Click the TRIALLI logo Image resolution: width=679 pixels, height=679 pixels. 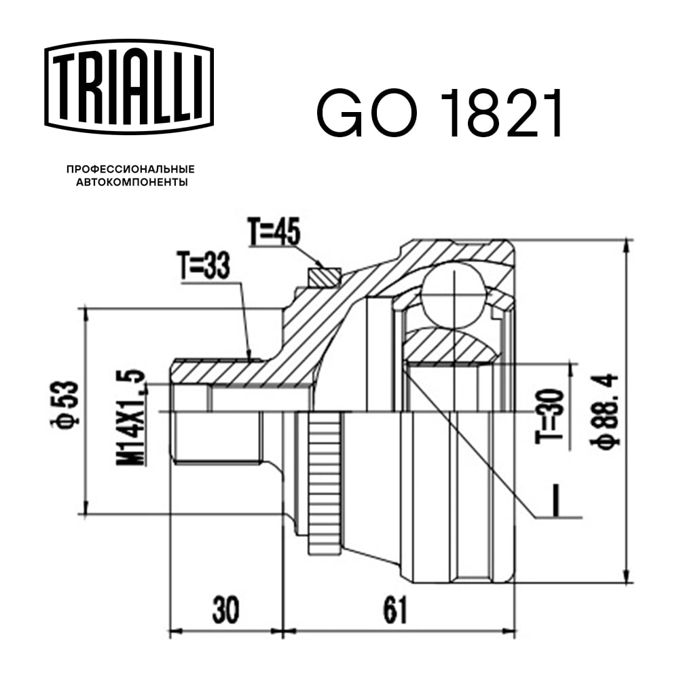129,86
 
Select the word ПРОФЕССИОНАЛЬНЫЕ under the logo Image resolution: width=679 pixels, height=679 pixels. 131,169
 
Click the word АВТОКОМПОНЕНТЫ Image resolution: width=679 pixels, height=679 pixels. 132,182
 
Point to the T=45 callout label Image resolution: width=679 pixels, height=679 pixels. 274,232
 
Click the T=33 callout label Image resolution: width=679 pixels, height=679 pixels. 204,265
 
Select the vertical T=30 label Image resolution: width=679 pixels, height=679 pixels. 551,416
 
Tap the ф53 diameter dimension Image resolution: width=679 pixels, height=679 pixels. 65,403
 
